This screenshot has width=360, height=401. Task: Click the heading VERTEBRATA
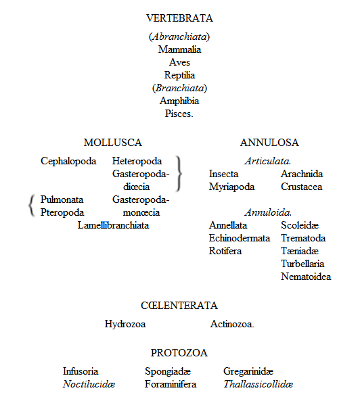[179, 18]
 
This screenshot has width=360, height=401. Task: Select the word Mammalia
[179, 49]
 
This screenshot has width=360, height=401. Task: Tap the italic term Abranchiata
[179, 37]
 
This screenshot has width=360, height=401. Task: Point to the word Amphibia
[179, 101]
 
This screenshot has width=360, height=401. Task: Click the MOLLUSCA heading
[112, 143]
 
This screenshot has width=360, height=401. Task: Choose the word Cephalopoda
[68, 161]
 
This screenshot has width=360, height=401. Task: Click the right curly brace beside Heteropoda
[179, 174]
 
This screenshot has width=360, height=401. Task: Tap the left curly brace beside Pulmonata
[31, 206]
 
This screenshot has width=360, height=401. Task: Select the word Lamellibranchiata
[113, 225]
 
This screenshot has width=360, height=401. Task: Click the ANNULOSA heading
[269, 143]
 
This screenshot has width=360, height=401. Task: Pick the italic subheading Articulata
[268, 161]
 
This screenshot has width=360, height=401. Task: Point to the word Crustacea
[301, 187]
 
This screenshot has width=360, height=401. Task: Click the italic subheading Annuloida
[268, 212]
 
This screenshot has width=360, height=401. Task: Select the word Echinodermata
[240, 238]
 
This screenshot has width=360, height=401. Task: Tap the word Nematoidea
[306, 277]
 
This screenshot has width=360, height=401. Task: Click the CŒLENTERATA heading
[179, 306]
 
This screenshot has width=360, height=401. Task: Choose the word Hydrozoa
[125, 324]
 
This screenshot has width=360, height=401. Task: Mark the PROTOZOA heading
[179, 353]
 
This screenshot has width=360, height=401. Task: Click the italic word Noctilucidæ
[89, 384]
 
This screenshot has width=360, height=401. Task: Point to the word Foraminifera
[171, 384]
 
